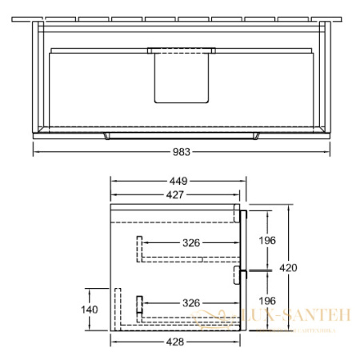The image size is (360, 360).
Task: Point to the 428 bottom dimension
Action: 176,342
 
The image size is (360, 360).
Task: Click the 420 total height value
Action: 295,269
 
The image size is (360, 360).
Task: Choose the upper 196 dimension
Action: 266,241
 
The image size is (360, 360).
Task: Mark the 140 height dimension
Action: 90,309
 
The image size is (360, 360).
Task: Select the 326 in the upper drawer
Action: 190,242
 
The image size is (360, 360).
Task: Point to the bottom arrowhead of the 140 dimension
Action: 106,328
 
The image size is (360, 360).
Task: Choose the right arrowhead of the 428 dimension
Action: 241,342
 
